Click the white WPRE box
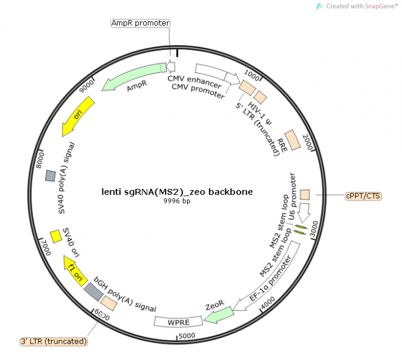click(x=177, y=321)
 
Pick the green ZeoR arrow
click(x=219, y=313)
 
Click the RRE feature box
click(x=292, y=140)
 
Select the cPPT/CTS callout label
click(x=363, y=196)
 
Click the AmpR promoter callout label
click(x=140, y=23)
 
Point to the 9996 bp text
click(x=177, y=201)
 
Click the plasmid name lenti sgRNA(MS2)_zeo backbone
click(x=177, y=191)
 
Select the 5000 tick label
click(x=187, y=335)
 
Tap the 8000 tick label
click(x=40, y=163)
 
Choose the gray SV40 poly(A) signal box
click(x=51, y=175)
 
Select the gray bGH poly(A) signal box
click(x=93, y=292)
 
